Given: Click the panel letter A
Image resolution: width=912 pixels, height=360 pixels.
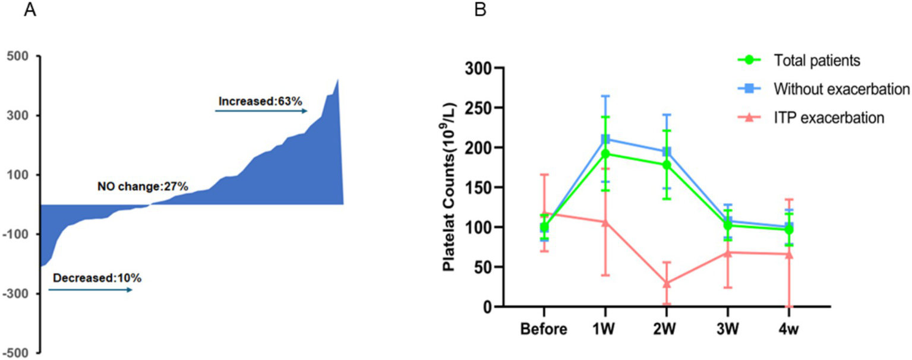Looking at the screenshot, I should (x=28, y=10).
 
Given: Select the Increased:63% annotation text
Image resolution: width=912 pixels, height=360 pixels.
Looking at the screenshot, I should (x=261, y=101).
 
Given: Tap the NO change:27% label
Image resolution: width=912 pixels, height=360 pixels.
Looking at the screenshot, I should (x=143, y=187).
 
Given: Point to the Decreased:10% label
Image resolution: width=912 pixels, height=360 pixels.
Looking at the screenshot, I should (x=97, y=278).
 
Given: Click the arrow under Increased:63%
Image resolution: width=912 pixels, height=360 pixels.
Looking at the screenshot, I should (x=261, y=110).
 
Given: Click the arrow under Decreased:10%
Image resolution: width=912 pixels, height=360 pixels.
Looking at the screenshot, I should (x=90, y=290).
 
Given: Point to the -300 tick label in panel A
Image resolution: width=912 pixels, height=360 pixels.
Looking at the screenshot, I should (x=17, y=293).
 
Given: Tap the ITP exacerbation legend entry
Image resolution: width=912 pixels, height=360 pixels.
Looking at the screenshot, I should (x=829, y=118).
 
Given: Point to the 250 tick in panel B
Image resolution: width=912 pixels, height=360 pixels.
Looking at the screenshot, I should (x=479, y=108).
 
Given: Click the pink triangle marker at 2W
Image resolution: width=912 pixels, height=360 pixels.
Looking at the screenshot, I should (x=667, y=283).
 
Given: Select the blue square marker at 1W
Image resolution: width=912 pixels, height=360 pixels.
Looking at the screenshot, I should (x=605, y=139).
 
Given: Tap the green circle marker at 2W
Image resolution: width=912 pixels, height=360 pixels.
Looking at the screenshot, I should (x=667, y=165).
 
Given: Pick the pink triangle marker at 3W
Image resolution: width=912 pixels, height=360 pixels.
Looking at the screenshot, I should (x=728, y=252).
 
